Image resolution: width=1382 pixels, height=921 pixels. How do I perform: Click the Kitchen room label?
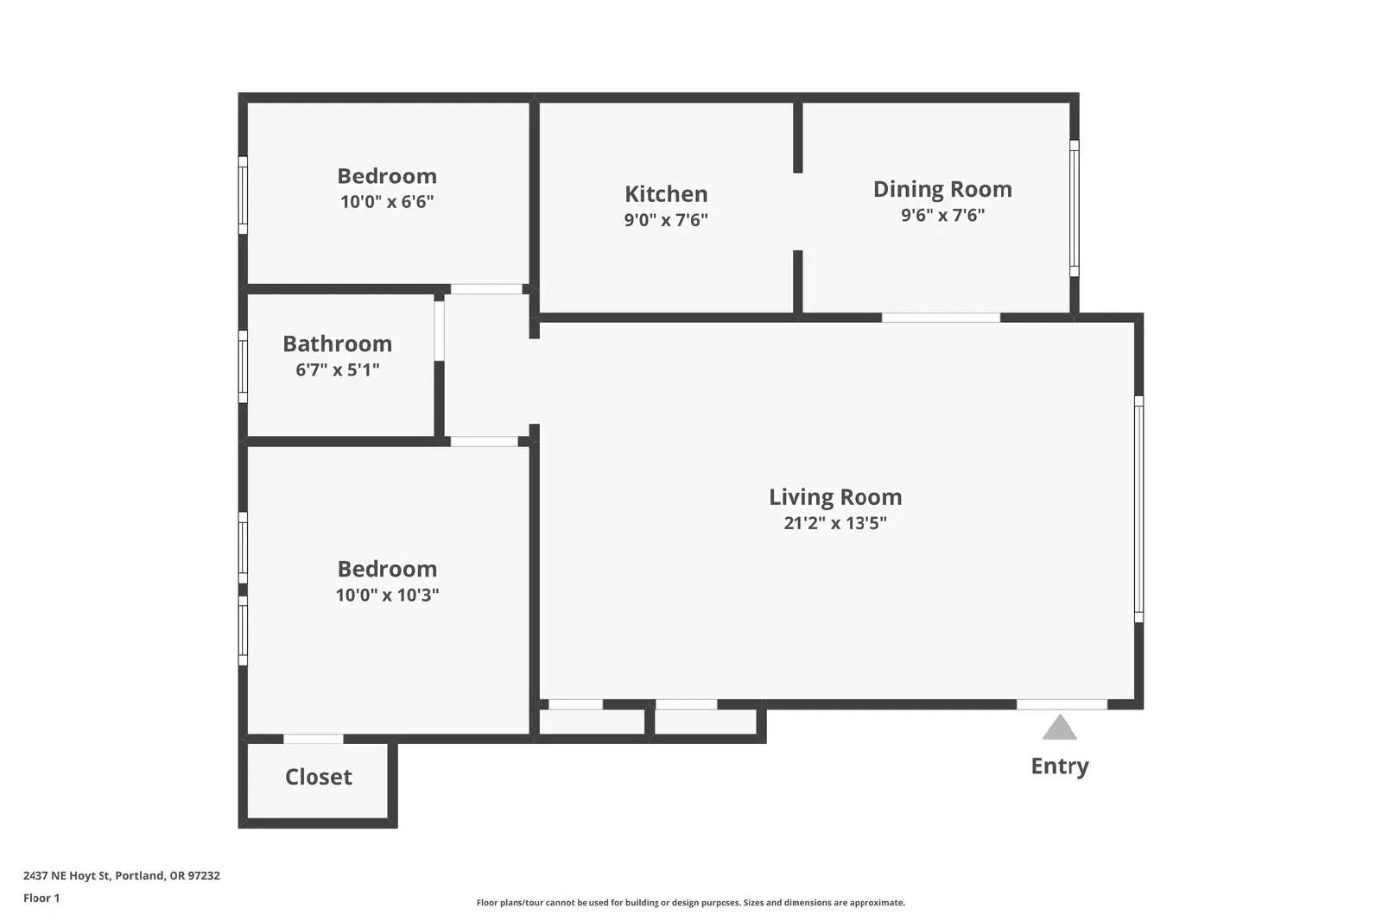pos(666,193)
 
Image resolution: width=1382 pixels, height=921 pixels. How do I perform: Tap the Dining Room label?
pos(942,189)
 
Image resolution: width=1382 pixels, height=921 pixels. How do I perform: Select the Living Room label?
pos(835,497)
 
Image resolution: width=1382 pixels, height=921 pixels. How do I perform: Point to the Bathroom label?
pos(338,344)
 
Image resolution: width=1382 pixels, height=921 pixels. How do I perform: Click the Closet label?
pos(319,777)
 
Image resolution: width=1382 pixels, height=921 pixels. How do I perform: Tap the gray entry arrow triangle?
pos(1059,729)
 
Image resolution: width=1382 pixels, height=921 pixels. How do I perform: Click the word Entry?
pos(1059,766)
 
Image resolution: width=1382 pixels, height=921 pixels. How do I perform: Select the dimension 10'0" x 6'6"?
pos(387,202)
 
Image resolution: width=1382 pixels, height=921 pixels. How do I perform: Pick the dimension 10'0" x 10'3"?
pos(387,595)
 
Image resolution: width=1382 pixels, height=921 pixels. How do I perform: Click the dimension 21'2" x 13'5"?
pos(835,523)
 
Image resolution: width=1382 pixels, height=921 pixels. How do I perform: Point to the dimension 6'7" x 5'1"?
pos(338,369)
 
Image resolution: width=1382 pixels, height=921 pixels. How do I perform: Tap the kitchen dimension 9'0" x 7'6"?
pos(666,220)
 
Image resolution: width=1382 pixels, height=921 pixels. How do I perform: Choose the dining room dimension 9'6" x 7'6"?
pos(942,215)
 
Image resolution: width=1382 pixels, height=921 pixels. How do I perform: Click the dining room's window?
pos(1075,208)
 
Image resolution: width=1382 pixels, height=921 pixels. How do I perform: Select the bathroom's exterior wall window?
pos(243,367)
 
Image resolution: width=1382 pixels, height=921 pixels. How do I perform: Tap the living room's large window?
pos(1139,509)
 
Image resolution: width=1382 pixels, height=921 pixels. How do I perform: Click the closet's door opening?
pos(314,739)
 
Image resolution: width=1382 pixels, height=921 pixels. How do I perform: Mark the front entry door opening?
pos(1062,704)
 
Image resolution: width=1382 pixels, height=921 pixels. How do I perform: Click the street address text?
pos(122,875)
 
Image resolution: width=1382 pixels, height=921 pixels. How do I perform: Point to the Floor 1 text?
pos(41,899)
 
